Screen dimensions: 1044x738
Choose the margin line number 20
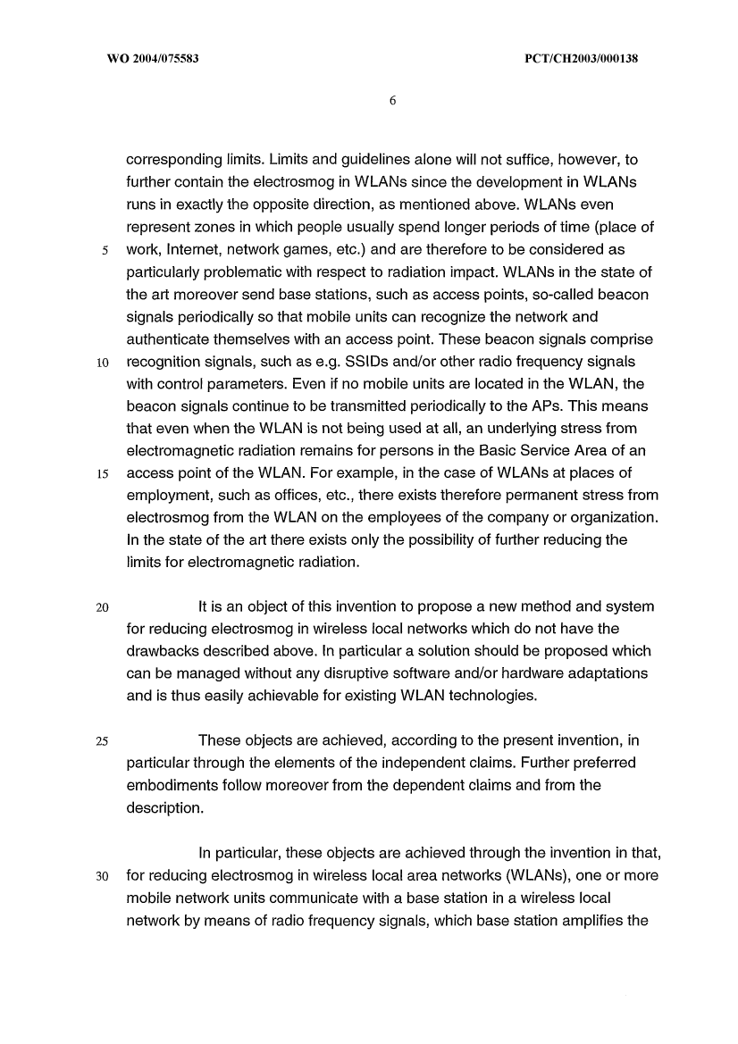(103, 607)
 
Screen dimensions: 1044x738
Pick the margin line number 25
(103, 740)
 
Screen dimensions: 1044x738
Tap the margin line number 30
(103, 875)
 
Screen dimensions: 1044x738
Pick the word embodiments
(177, 785)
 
